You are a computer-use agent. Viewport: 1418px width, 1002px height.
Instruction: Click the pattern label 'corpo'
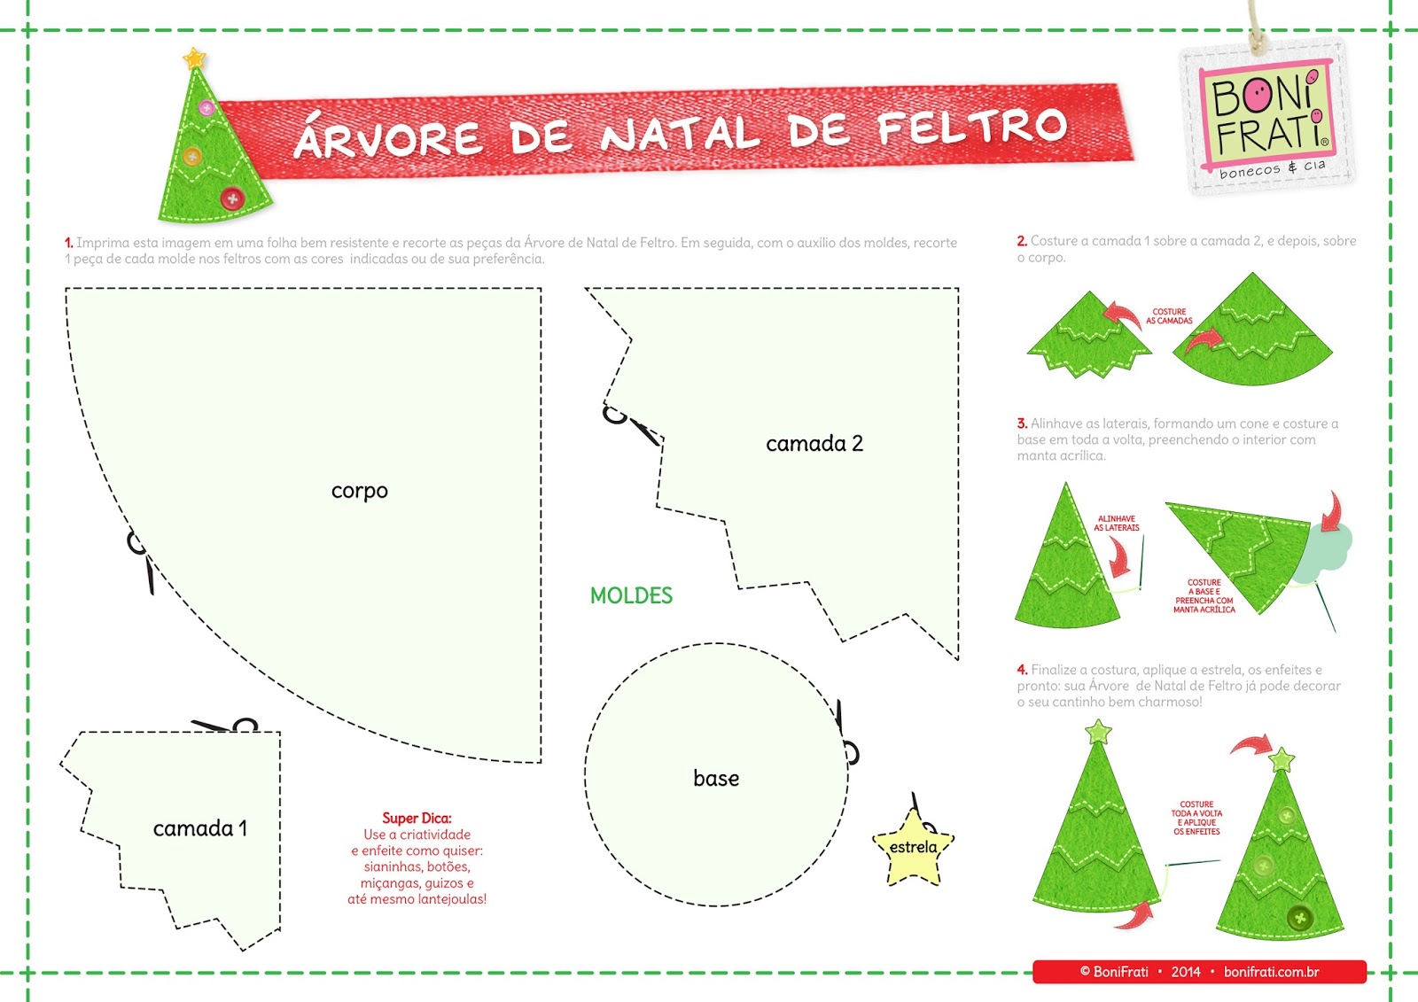359,491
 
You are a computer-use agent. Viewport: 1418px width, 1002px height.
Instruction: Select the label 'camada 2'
814,444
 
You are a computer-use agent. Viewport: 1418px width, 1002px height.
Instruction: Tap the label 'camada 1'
199,829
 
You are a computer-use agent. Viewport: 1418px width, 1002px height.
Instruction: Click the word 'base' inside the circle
716,779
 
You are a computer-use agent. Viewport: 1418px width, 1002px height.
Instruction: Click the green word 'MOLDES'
631,596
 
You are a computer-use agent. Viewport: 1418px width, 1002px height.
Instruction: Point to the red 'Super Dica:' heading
417,818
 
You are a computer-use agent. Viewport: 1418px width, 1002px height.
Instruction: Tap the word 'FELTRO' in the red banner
972,128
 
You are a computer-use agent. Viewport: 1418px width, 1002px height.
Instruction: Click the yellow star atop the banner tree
195,59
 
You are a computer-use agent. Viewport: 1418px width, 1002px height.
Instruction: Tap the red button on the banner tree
232,198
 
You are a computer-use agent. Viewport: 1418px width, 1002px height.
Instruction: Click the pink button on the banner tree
206,108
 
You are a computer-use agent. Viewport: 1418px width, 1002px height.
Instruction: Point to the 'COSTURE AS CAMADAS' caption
1169,316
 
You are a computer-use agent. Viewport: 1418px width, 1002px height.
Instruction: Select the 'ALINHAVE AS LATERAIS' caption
1116,524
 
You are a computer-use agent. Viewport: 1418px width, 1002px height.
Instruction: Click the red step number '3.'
1022,423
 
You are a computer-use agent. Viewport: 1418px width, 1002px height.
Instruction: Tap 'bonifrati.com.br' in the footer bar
1271,972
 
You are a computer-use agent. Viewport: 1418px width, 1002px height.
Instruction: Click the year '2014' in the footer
1185,972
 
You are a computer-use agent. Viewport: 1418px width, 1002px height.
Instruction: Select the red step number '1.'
68,243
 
